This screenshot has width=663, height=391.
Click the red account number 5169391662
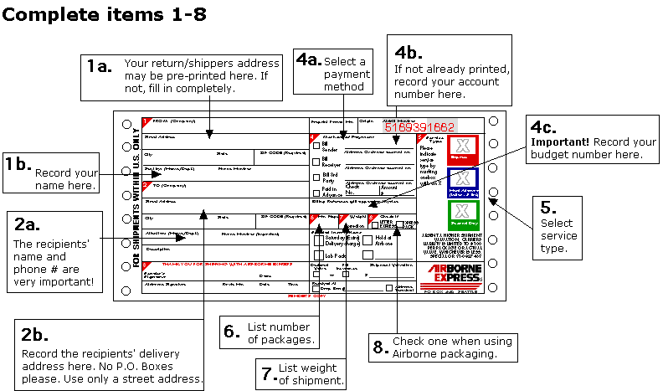click(419, 128)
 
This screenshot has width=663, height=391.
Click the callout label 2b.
click(39, 335)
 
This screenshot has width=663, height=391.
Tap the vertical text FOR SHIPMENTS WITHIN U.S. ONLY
click(136, 198)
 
